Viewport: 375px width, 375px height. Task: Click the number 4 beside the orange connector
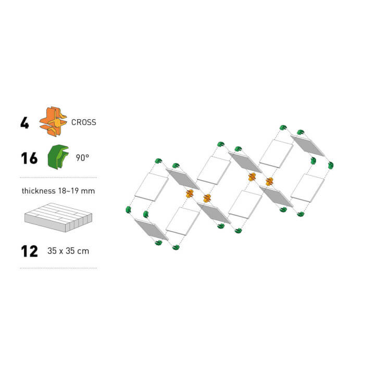(24, 123)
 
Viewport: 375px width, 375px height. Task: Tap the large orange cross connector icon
(53, 121)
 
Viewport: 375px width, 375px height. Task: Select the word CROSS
(84, 122)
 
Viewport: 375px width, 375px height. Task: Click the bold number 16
(29, 158)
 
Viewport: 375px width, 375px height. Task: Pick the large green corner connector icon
(58, 157)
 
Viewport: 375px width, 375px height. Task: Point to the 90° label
(82, 158)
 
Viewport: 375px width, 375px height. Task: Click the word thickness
(39, 191)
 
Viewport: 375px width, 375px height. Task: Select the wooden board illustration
(58, 217)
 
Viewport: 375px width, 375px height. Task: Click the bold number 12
(29, 251)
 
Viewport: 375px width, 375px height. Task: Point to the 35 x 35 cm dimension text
(68, 251)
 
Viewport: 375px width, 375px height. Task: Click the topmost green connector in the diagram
(283, 128)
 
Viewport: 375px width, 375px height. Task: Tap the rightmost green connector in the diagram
(331, 165)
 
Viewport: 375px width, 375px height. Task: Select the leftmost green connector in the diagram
(129, 210)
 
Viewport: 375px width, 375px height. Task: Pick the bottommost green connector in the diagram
(176, 247)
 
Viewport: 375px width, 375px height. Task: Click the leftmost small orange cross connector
(190, 194)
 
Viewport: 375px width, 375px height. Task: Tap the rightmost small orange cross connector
(269, 182)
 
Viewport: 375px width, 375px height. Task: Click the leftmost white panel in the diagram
(152, 187)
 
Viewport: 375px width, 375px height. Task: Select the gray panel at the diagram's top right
(308, 145)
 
